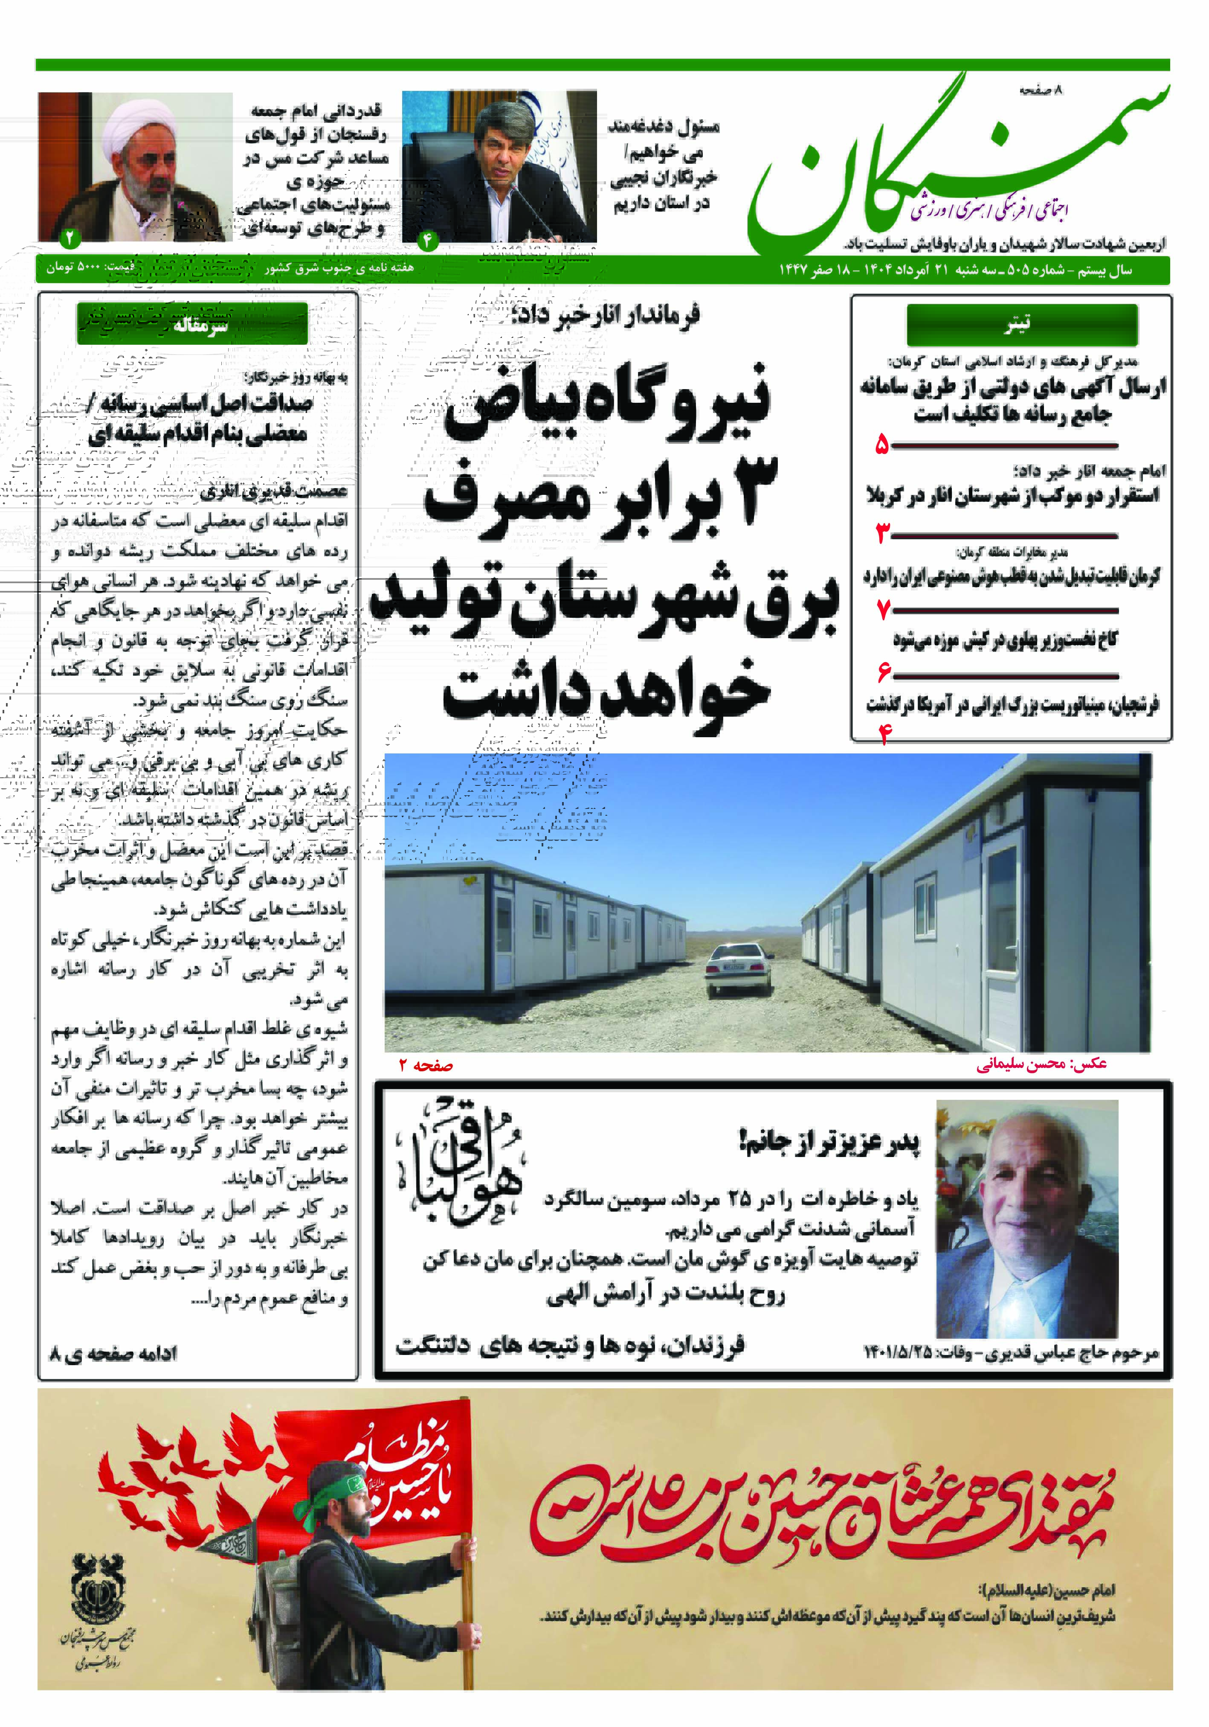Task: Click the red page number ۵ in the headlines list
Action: point(882,446)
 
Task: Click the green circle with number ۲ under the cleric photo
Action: point(70,239)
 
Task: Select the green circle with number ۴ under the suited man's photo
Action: point(427,240)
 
